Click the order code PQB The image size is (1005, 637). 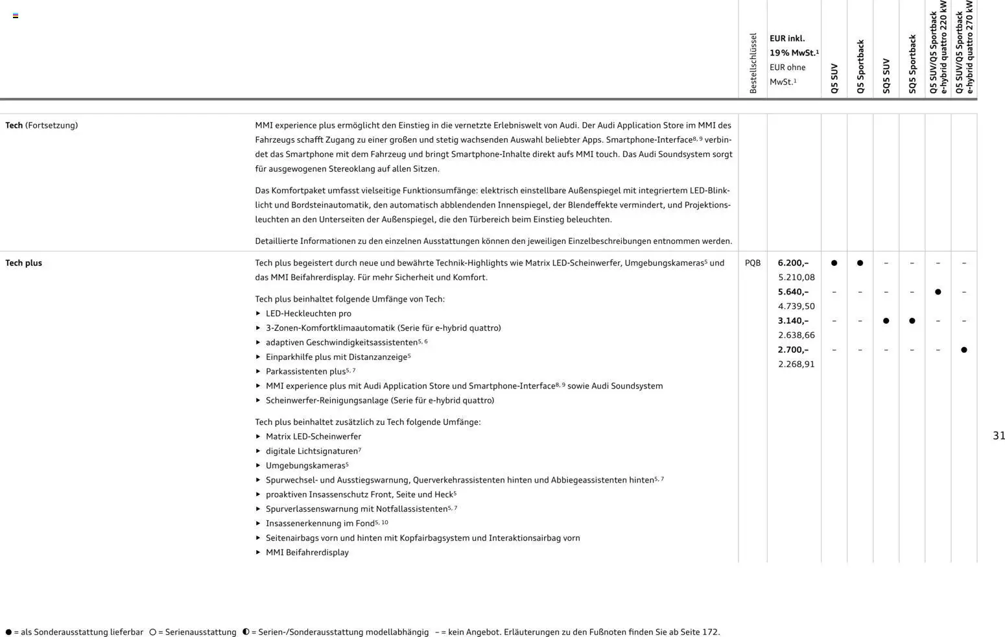point(752,263)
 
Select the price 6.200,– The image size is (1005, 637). point(793,263)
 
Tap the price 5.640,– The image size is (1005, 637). point(793,292)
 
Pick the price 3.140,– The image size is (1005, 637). point(793,320)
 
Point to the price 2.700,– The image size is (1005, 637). point(793,350)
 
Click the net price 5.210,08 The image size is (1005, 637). point(796,277)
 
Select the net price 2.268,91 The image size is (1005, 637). point(796,364)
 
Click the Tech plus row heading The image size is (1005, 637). point(23,263)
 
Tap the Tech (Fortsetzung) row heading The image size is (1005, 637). point(41,125)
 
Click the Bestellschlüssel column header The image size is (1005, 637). point(753,64)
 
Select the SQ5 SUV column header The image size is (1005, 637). point(886,76)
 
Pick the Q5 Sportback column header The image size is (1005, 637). point(860,67)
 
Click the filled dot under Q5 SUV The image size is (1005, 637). point(834,263)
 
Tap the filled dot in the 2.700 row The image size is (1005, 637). point(964,350)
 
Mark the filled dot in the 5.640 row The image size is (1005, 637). point(938,292)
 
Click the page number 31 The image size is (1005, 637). point(999,436)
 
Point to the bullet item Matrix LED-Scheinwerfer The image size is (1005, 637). point(313,437)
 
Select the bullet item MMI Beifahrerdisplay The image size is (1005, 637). point(307,553)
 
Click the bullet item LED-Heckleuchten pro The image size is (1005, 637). point(308,313)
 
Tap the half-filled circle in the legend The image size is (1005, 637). point(246,632)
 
